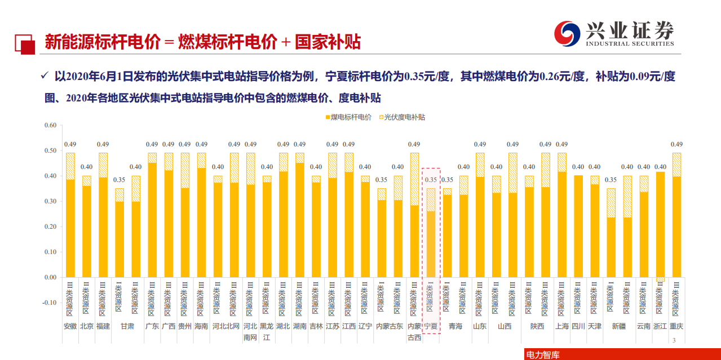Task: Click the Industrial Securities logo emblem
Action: point(568,34)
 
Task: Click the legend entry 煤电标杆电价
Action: point(350,117)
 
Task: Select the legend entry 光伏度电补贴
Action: point(404,117)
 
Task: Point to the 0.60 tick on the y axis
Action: point(50,125)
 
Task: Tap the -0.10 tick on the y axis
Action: point(50,303)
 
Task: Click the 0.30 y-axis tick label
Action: point(50,201)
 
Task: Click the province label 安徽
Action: point(70,326)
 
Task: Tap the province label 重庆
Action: point(676,326)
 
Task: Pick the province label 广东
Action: point(152,326)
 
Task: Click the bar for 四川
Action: point(578,226)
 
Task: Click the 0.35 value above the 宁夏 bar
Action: point(431,180)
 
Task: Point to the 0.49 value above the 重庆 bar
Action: point(676,144)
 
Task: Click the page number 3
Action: point(674,340)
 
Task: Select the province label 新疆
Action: point(618,326)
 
